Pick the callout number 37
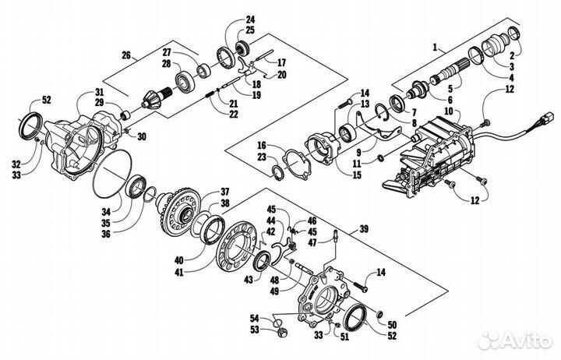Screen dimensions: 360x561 click(x=224, y=192)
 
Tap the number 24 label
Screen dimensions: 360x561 click(x=250, y=19)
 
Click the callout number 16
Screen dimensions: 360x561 click(x=262, y=146)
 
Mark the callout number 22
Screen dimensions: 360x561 click(x=233, y=114)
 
